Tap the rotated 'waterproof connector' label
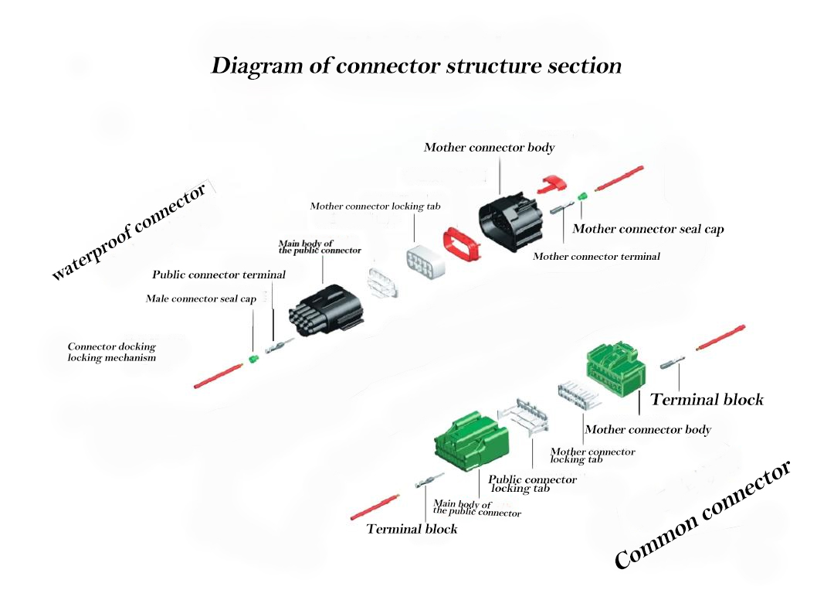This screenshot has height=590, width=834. [x=129, y=232]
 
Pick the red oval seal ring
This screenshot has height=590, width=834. [x=462, y=247]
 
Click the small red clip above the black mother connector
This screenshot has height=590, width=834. [x=552, y=183]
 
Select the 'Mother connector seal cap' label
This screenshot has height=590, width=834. [x=648, y=229]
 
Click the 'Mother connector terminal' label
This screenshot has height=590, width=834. [x=596, y=256]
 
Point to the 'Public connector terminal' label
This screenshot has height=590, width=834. [x=219, y=275]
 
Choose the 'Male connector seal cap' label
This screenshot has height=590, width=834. [x=201, y=298]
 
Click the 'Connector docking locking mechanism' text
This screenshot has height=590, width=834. [x=112, y=353]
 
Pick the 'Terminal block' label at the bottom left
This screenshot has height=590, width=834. [x=412, y=529]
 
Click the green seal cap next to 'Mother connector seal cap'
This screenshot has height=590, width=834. [x=581, y=200]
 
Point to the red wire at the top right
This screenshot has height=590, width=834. [x=619, y=179]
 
